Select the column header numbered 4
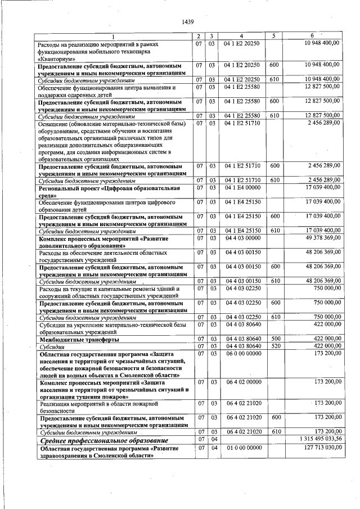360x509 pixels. tap(241, 36)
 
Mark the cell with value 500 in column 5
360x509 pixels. tap(274, 339)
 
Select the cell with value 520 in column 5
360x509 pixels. tap(274, 346)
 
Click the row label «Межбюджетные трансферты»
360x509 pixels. tap(70, 340)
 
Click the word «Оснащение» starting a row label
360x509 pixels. tap(54, 123)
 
